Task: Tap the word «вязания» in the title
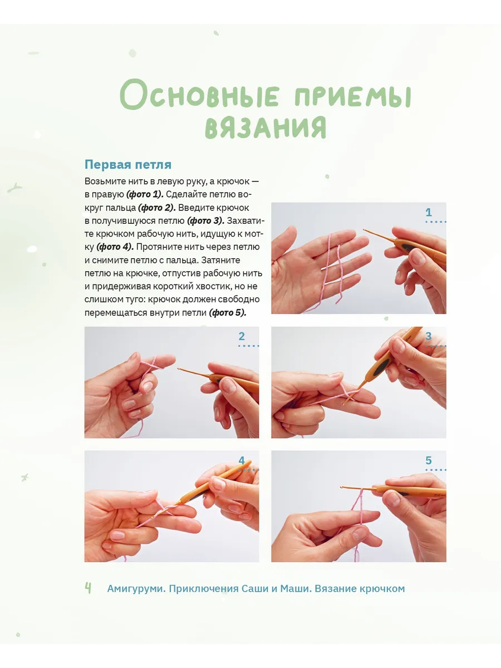coord(266,127)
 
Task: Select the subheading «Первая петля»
coord(128,165)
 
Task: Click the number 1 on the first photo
coord(429,212)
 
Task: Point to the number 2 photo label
coord(242,336)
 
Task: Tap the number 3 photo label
coord(429,336)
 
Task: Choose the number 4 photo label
coord(242,460)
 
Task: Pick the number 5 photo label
coord(429,460)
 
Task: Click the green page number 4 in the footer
coord(88,588)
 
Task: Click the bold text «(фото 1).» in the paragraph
coord(145,194)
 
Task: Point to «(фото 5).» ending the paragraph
coord(228,312)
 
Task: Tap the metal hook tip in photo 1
coord(365,230)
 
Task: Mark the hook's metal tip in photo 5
coord(342,487)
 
